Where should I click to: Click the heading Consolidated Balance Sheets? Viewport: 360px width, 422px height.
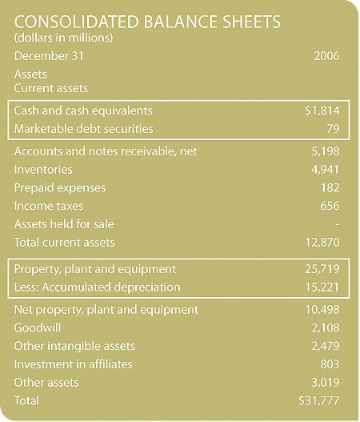coord(147,22)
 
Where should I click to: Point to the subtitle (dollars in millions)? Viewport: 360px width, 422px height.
coord(63,38)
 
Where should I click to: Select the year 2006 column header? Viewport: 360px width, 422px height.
coord(326,56)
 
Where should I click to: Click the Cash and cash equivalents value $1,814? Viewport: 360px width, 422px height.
coord(322,111)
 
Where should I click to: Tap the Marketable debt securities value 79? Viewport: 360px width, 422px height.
coord(333,129)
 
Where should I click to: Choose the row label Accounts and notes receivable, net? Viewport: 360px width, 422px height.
coord(106,151)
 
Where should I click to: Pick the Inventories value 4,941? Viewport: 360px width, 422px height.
coord(326,170)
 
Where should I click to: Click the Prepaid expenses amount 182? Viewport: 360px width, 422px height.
coord(330,187)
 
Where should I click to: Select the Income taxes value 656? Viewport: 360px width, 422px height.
coord(330,206)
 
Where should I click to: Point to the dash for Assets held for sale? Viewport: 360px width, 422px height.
coord(338,224)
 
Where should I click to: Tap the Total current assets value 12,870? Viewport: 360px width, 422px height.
coord(322,243)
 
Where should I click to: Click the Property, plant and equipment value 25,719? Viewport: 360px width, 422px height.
coord(322,269)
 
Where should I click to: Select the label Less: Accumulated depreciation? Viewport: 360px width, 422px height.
coord(97,287)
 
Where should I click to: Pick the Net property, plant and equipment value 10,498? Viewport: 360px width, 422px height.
coord(322,310)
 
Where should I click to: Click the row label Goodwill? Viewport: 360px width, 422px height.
coord(38,328)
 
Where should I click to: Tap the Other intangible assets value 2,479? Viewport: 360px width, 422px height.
coord(326,346)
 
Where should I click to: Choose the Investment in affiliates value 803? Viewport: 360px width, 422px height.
coord(330,364)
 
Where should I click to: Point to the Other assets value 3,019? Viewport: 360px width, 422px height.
coord(326,383)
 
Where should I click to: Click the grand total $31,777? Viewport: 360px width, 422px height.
coord(319,400)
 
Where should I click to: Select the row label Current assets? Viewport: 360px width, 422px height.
coord(51,88)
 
